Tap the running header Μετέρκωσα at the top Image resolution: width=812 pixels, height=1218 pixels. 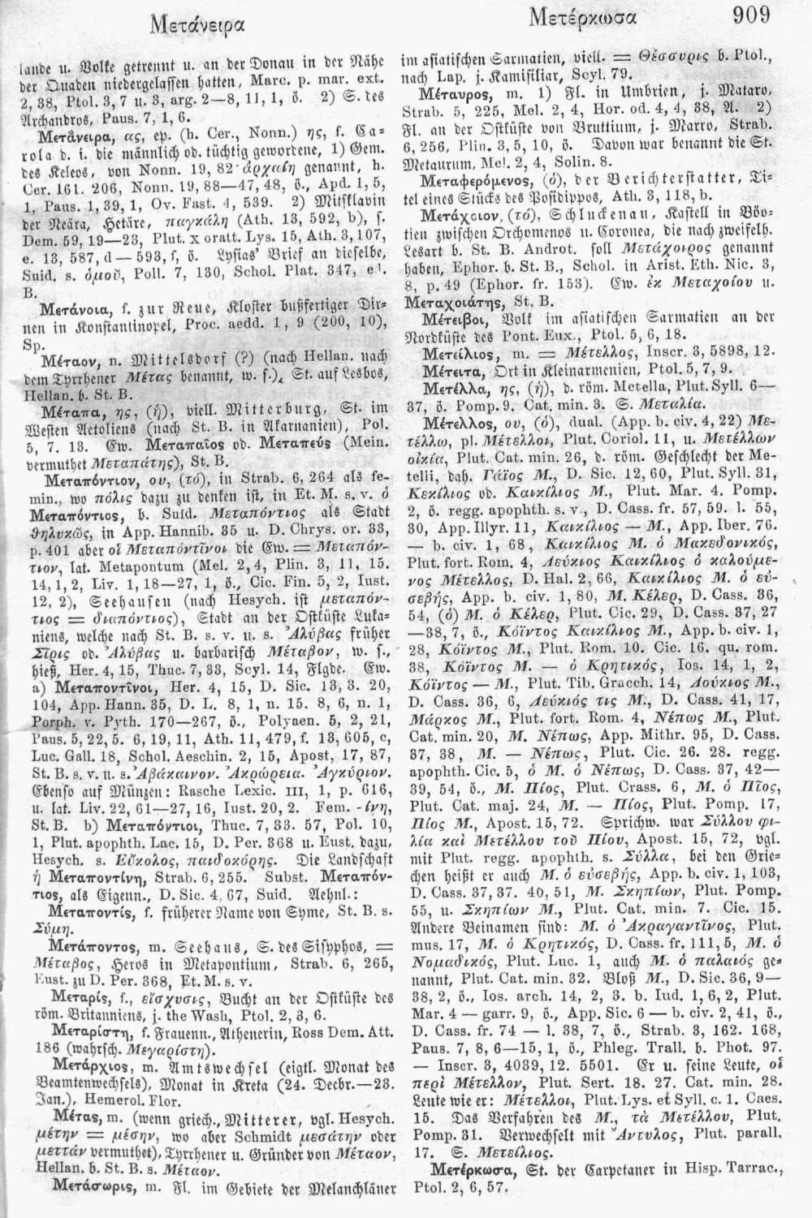point(583,16)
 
